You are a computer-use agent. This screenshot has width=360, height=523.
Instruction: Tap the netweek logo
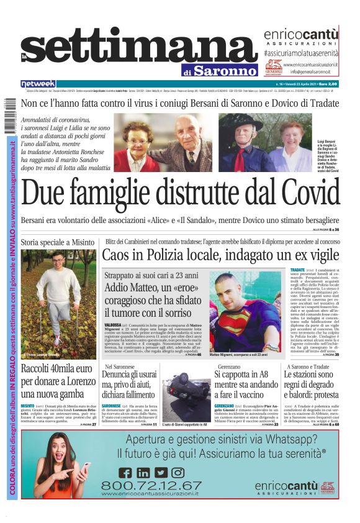38,84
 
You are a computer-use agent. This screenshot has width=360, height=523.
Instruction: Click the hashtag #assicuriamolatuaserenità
301,54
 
